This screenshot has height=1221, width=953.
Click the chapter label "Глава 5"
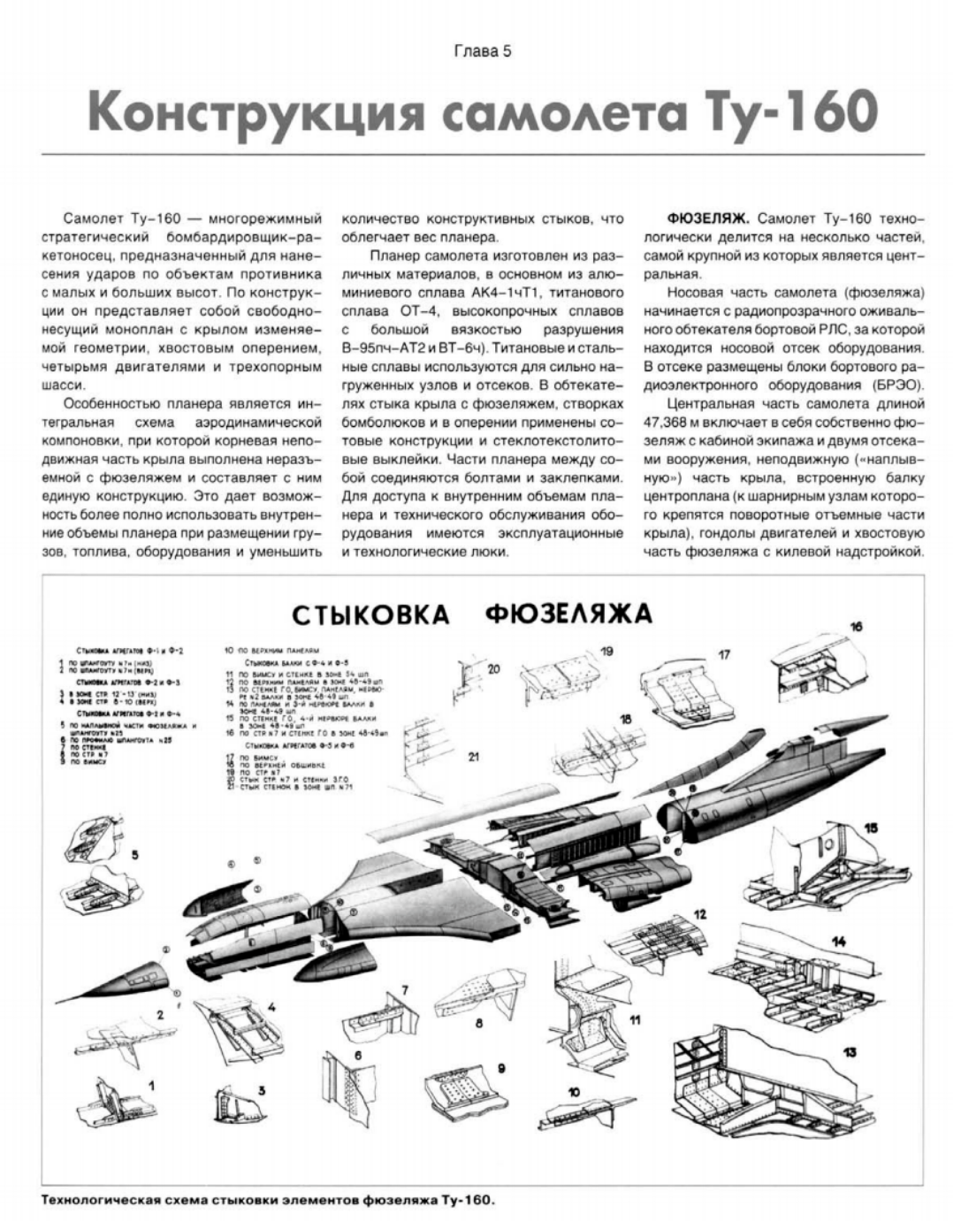click(482, 50)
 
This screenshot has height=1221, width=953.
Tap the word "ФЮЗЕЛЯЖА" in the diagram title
click(568, 613)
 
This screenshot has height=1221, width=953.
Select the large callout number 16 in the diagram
click(856, 627)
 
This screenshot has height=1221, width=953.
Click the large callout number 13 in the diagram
click(850, 1053)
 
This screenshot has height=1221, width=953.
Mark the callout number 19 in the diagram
click(606, 652)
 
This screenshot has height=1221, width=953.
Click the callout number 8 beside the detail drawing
click(478, 1023)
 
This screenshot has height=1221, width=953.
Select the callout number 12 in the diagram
click(699, 913)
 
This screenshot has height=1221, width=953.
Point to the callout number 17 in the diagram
click(724, 655)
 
